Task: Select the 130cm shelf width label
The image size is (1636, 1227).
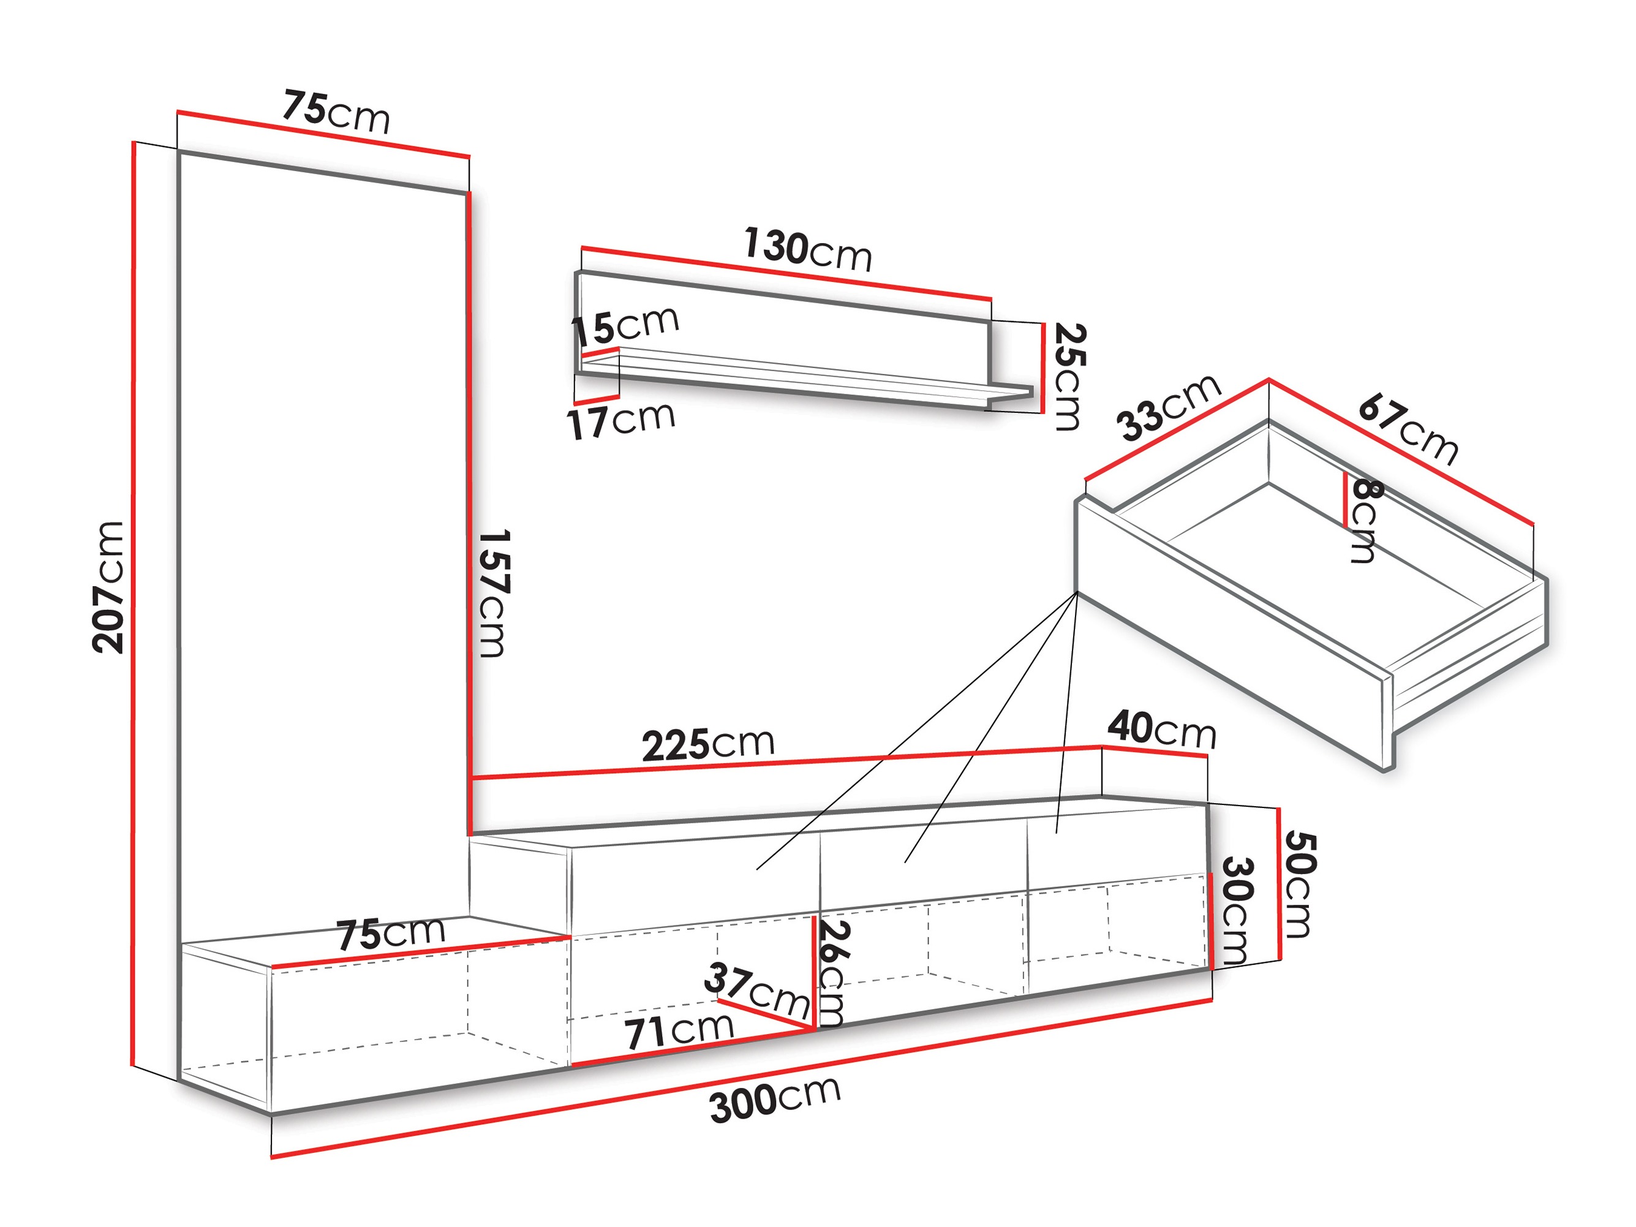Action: (x=808, y=249)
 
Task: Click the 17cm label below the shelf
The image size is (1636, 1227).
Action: (x=620, y=420)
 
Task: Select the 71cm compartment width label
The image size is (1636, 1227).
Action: (x=679, y=1030)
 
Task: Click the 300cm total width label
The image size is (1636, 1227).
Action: (x=775, y=1100)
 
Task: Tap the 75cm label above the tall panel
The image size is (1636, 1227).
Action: (x=336, y=113)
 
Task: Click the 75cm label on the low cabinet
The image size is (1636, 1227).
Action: (x=391, y=934)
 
